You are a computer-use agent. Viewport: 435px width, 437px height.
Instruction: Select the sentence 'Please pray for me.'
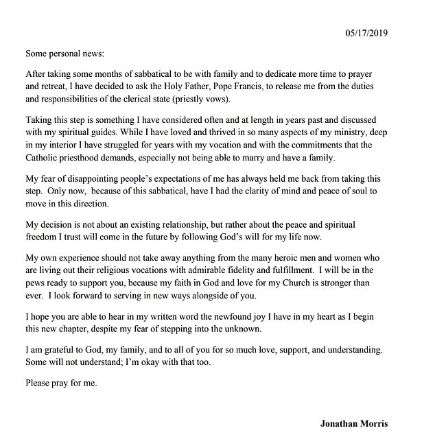pyautogui.click(x=60, y=383)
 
